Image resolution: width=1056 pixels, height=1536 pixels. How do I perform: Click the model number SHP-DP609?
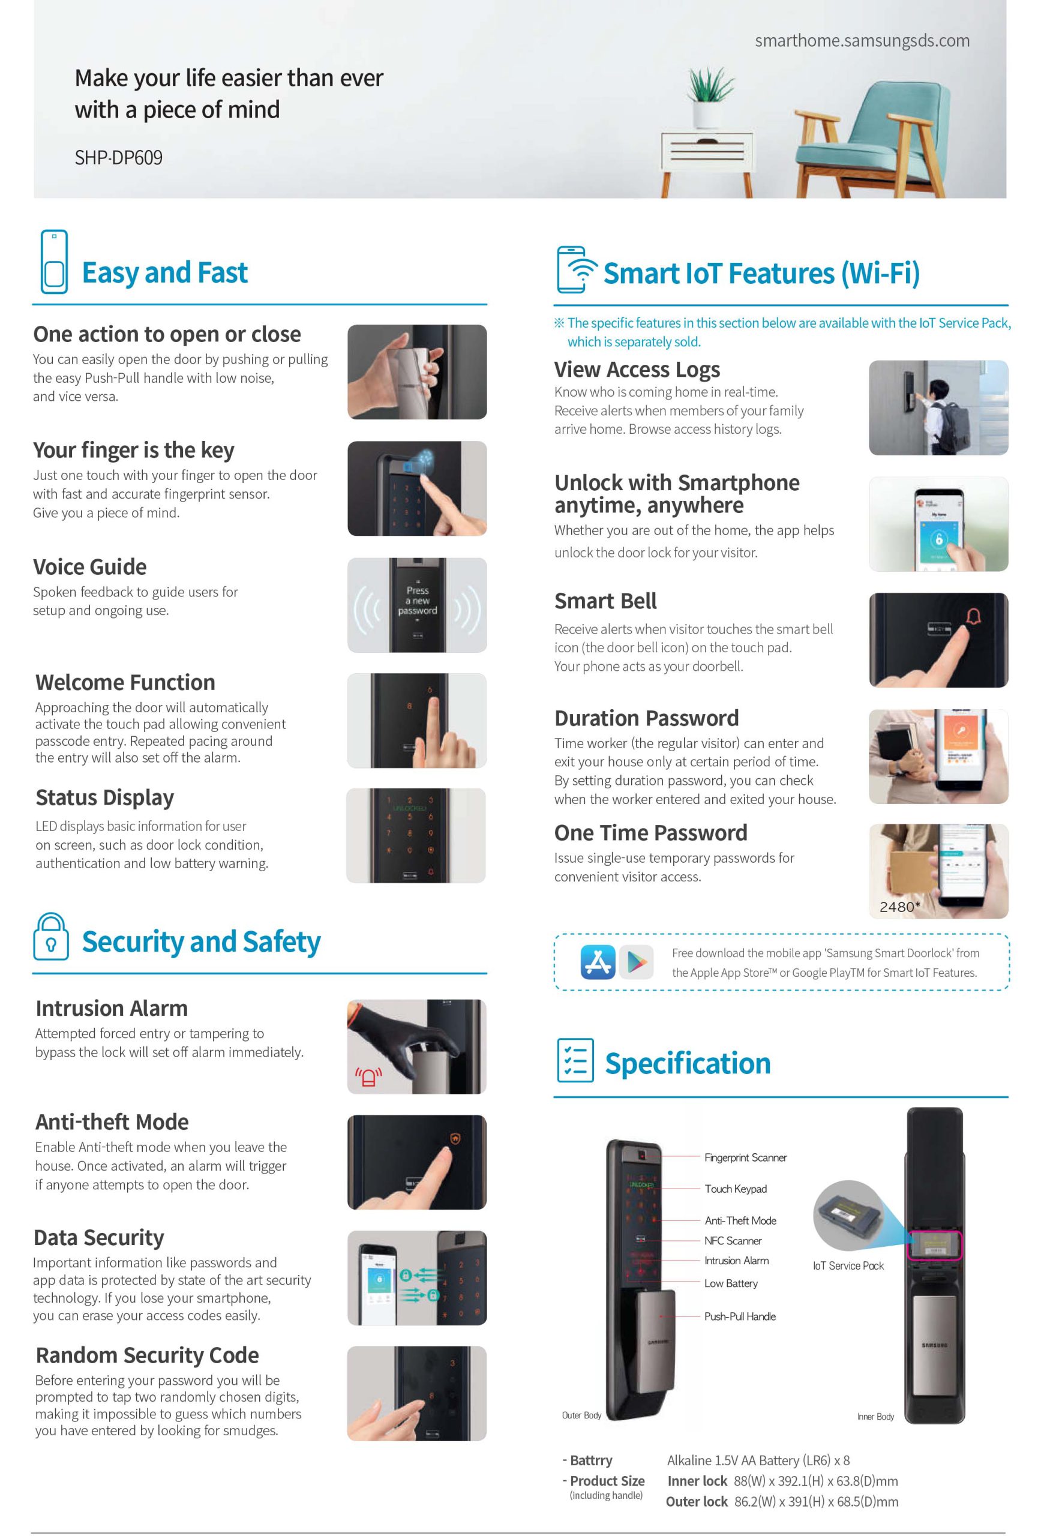118,157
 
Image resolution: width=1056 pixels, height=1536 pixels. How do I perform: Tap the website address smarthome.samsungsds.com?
862,40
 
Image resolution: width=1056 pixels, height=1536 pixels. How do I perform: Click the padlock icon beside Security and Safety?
50,936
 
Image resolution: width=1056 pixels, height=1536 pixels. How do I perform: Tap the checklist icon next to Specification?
575,1060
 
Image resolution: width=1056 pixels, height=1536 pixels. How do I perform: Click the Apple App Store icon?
598,962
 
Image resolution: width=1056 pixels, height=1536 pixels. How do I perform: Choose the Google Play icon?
637,962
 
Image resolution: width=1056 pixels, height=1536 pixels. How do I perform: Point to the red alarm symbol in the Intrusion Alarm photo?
368,1077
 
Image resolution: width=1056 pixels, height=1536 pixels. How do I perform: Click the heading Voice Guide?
90,567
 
